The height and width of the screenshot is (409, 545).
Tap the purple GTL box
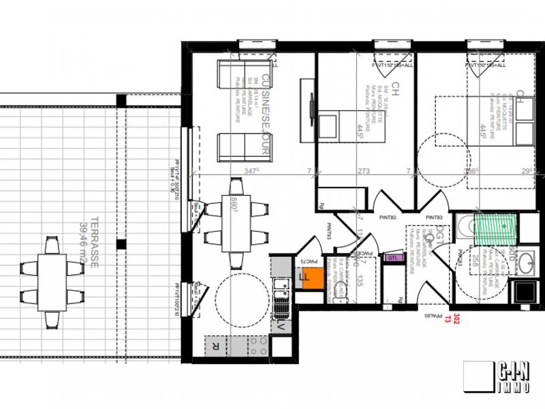click(x=393, y=258)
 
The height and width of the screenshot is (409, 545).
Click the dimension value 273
click(x=364, y=171)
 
